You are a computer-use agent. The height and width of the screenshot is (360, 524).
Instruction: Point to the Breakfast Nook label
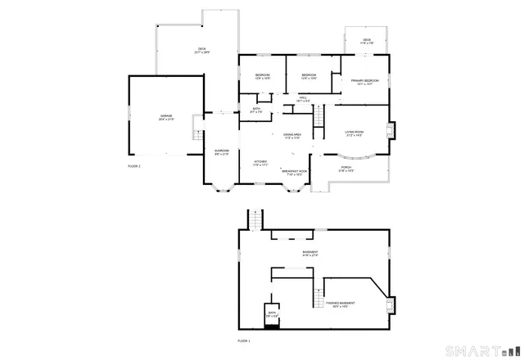click(x=296, y=173)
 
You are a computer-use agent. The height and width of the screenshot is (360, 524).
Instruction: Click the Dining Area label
click(x=292, y=136)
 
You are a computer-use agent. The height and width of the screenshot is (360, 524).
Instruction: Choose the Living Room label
click(x=354, y=133)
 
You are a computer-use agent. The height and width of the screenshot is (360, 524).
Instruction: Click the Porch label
click(x=346, y=169)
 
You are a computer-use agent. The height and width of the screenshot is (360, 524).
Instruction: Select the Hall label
click(x=303, y=99)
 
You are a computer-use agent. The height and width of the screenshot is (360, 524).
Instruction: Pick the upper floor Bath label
click(x=256, y=110)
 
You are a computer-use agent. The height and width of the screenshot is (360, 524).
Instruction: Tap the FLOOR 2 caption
click(x=134, y=166)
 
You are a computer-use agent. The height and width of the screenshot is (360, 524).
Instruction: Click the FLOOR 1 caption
click(x=243, y=339)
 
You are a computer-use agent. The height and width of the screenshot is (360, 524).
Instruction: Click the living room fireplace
click(x=392, y=131)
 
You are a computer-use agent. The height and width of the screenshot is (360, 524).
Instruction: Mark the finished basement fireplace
click(x=391, y=305)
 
